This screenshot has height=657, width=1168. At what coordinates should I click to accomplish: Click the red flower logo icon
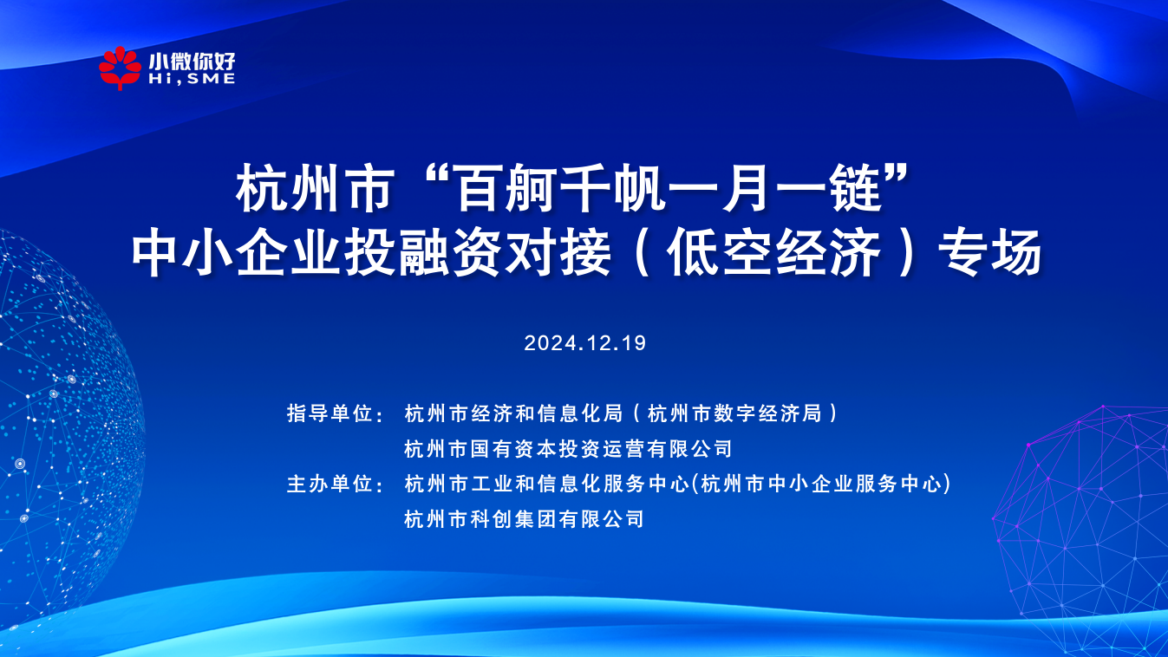pyautogui.click(x=120, y=68)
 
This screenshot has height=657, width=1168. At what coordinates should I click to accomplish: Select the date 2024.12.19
pyautogui.click(x=585, y=342)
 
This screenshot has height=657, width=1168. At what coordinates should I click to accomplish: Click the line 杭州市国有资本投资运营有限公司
pyautogui.click(x=568, y=449)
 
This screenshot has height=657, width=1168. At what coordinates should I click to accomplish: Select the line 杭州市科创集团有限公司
pyautogui.click(x=524, y=519)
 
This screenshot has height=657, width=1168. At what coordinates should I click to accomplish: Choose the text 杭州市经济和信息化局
pyautogui.click(x=513, y=413)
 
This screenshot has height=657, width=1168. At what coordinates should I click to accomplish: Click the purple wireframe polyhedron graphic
pyautogui.click(x=1084, y=520)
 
